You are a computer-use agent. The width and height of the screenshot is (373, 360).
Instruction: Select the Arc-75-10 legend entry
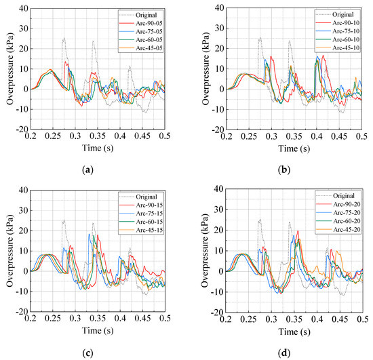pos(342,31)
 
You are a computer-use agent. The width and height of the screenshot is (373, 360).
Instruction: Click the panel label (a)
pos(88,167)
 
